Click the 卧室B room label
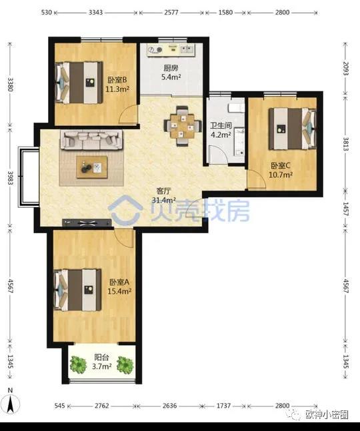point(117,80)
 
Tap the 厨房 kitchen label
point(171,68)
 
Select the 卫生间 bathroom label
point(221,126)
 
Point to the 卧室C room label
point(281,166)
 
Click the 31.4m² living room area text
point(164,200)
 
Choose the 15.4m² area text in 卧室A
point(119,291)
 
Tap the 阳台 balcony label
point(101,357)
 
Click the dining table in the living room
point(182,126)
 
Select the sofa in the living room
point(91,140)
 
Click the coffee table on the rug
point(92,167)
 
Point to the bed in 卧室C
point(293,129)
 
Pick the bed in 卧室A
point(78,290)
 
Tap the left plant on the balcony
point(78,365)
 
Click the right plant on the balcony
point(125,365)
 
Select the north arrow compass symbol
point(11,402)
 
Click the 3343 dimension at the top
point(95,13)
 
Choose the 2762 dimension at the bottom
point(102,406)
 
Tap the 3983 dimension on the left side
point(11,178)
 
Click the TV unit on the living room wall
point(87,222)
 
